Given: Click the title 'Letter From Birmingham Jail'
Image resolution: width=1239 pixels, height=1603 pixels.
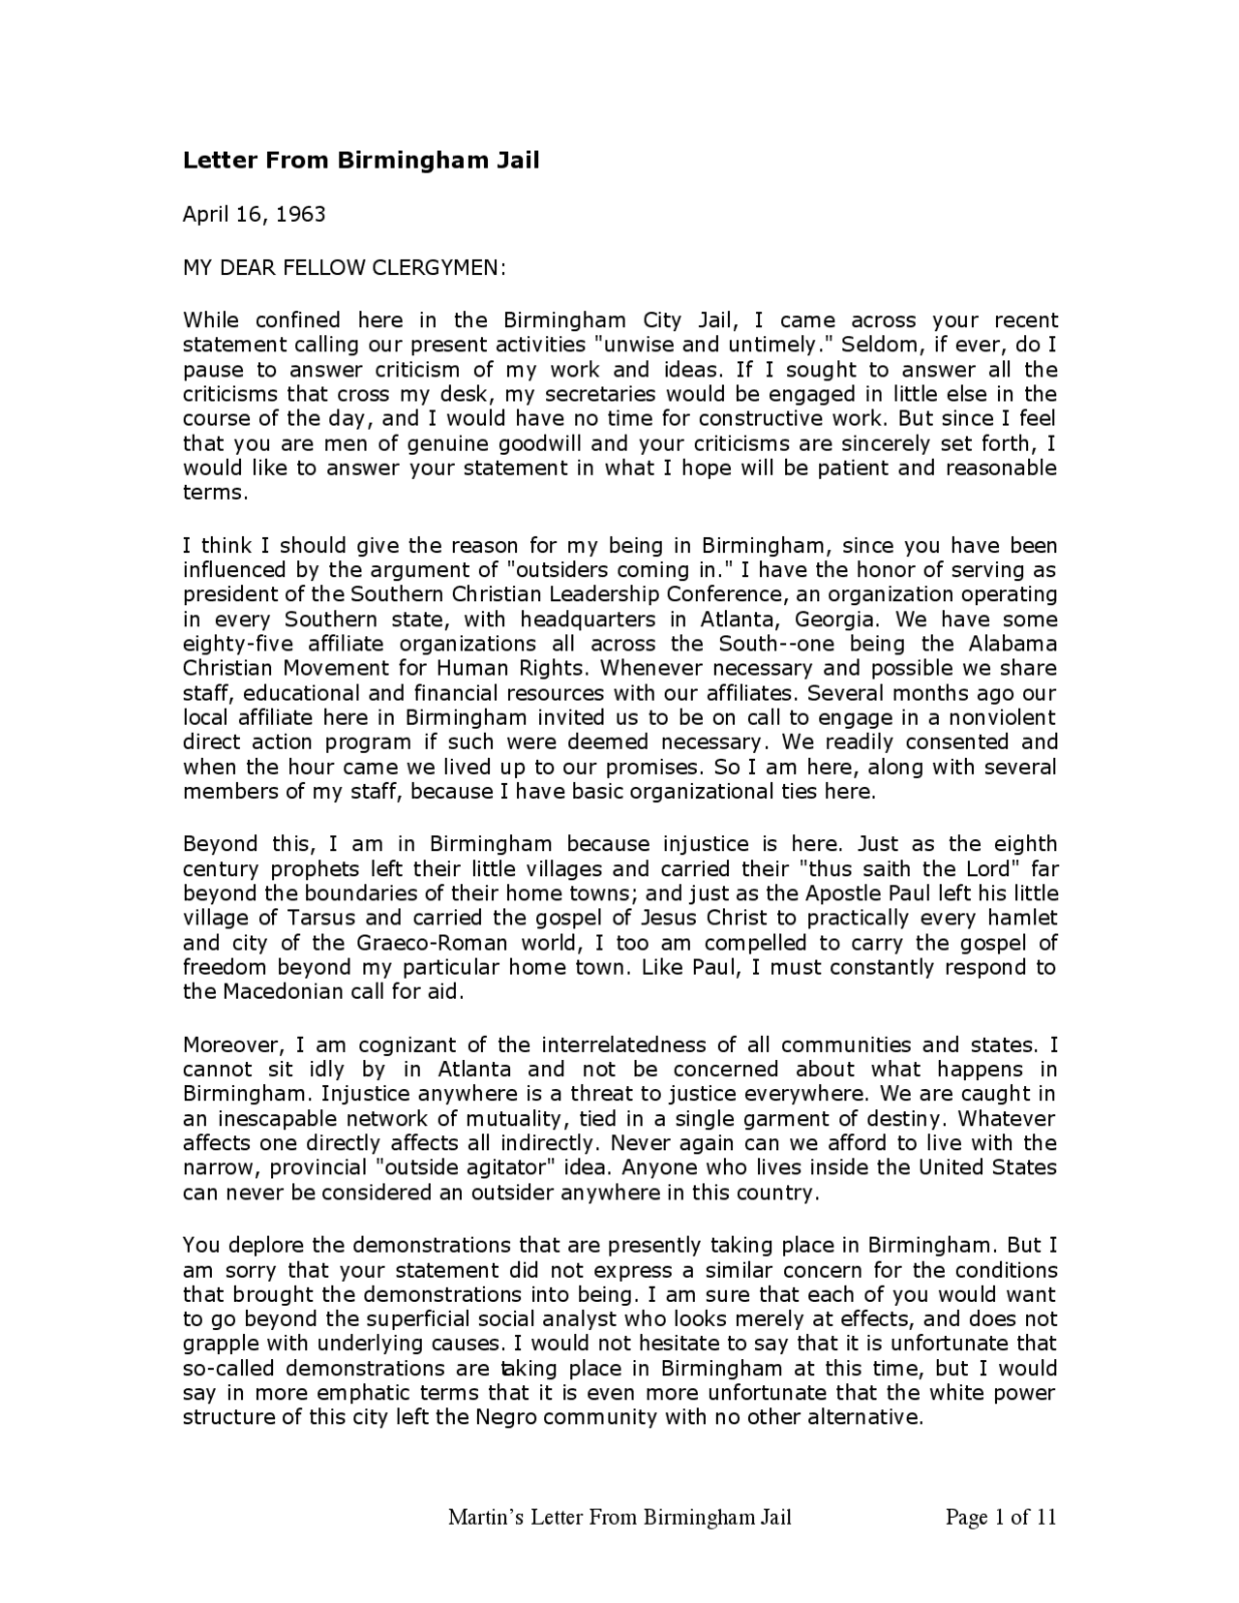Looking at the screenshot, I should (361, 161).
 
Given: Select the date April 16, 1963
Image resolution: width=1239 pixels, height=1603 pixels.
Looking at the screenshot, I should (255, 214).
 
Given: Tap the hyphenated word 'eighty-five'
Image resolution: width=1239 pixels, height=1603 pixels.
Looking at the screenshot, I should (227, 644).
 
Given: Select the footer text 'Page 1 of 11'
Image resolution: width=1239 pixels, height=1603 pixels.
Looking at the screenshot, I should (1000, 1517).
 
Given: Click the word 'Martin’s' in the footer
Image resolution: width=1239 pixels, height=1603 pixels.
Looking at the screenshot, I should (485, 1517).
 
